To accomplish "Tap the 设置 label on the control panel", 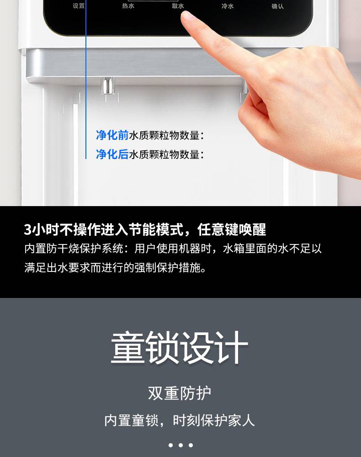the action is click(x=79, y=6).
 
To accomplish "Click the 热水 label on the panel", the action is click(x=128, y=6).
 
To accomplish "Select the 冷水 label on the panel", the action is click(x=228, y=6).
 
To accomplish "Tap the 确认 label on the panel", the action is click(x=277, y=6).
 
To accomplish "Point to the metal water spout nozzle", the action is click(x=107, y=86).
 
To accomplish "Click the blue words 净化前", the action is click(x=112, y=135).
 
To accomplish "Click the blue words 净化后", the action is click(x=112, y=154).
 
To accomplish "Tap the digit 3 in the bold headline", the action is click(x=28, y=230).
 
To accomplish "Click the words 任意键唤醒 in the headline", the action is click(x=232, y=229).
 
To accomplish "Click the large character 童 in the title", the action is click(x=128, y=348).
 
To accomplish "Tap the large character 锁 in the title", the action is click(x=162, y=348).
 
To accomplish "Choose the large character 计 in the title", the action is click(x=231, y=348).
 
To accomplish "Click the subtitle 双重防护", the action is click(x=180, y=393).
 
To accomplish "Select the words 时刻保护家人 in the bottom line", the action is click(x=214, y=420).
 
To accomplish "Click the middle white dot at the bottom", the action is click(x=180, y=445).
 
